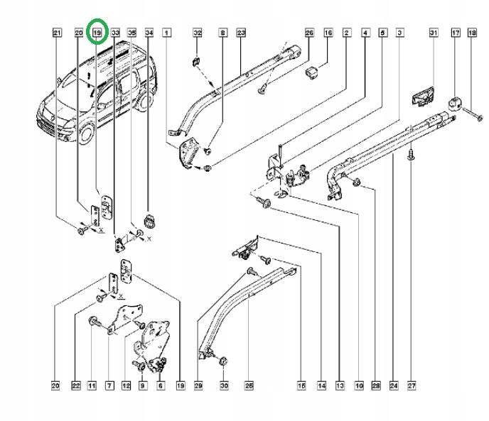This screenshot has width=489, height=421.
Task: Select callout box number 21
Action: [56, 33]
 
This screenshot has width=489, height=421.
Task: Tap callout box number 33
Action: [115, 33]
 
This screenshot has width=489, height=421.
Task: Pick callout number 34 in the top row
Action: [149, 33]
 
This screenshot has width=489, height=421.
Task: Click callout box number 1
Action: [167, 33]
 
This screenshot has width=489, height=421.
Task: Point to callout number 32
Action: [198, 33]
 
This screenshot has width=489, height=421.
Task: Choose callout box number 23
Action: [241, 33]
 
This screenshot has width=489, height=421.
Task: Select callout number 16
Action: [328, 33]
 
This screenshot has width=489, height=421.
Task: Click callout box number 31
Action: [434, 33]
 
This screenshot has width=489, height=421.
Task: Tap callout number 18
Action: [472, 33]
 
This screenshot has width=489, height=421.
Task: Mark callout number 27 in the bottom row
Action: [412, 386]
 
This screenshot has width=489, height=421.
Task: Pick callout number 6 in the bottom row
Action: [161, 386]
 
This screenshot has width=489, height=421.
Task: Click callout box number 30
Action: [224, 386]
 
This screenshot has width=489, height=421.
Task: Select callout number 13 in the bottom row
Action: [340, 386]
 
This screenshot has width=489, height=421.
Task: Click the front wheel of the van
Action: [86, 133]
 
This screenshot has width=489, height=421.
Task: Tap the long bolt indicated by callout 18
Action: [472, 114]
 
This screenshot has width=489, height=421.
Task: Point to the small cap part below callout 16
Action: [311, 72]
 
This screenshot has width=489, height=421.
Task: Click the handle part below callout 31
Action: [423, 97]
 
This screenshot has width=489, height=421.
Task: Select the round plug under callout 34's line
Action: [149, 221]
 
